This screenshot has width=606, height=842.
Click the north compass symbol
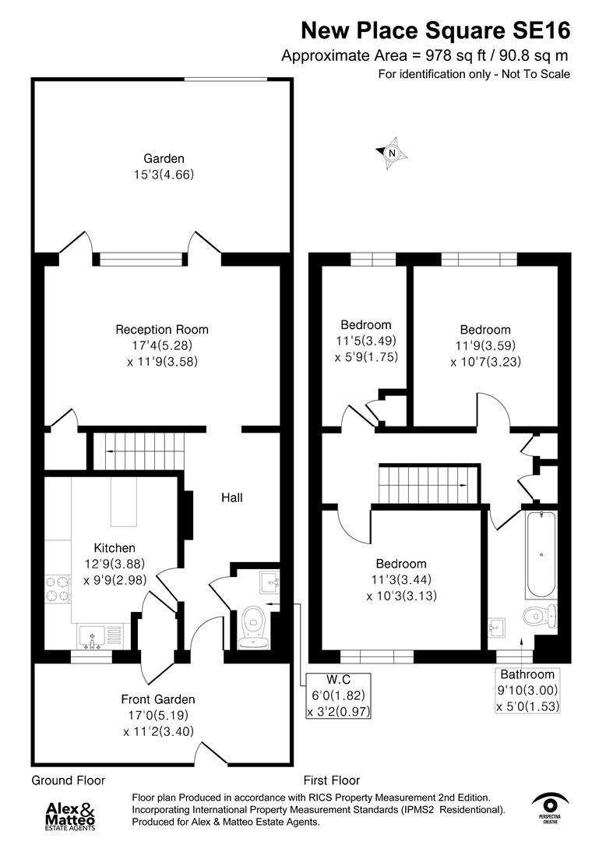point(393,154)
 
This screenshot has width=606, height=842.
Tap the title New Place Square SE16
point(435,30)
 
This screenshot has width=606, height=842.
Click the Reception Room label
point(162,330)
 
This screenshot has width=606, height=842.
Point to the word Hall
point(231,497)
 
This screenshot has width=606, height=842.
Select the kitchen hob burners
point(58,589)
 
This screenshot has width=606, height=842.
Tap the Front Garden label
point(158,699)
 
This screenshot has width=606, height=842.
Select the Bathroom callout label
point(527,674)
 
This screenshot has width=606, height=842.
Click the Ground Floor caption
point(68,780)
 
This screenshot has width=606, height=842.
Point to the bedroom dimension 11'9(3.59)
point(484,345)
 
